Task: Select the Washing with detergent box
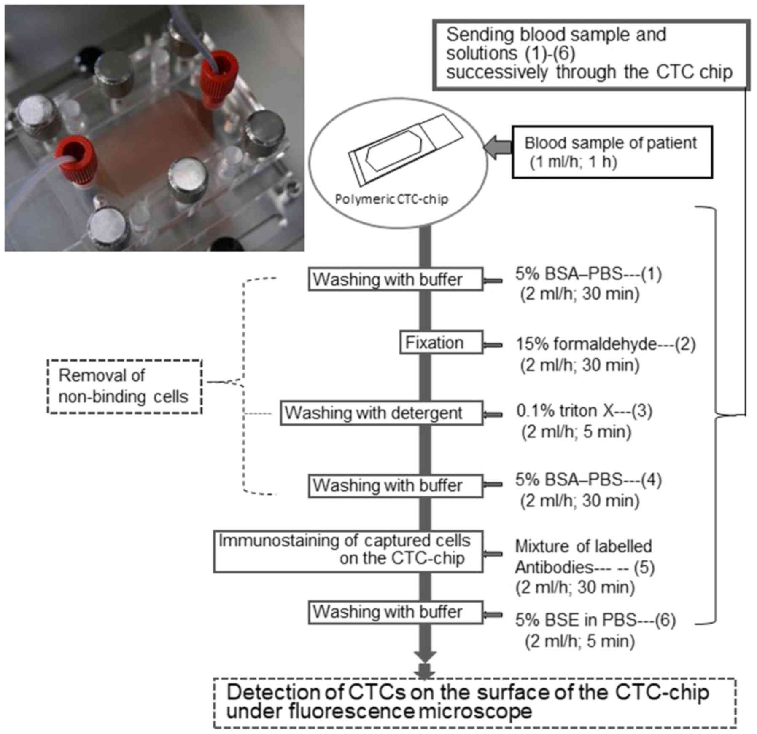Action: coord(381,413)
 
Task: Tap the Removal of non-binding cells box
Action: coord(124,386)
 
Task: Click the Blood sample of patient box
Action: coord(612,152)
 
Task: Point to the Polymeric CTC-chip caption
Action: coord(391,199)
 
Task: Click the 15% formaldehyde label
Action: coord(587,344)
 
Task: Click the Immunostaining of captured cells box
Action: coord(348,551)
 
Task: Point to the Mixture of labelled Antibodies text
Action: coord(584,557)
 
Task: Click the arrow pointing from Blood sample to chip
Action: coord(498,148)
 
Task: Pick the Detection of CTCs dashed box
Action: coord(474,702)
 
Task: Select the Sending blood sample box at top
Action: coord(590,54)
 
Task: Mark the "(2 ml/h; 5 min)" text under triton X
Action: coord(576,431)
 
